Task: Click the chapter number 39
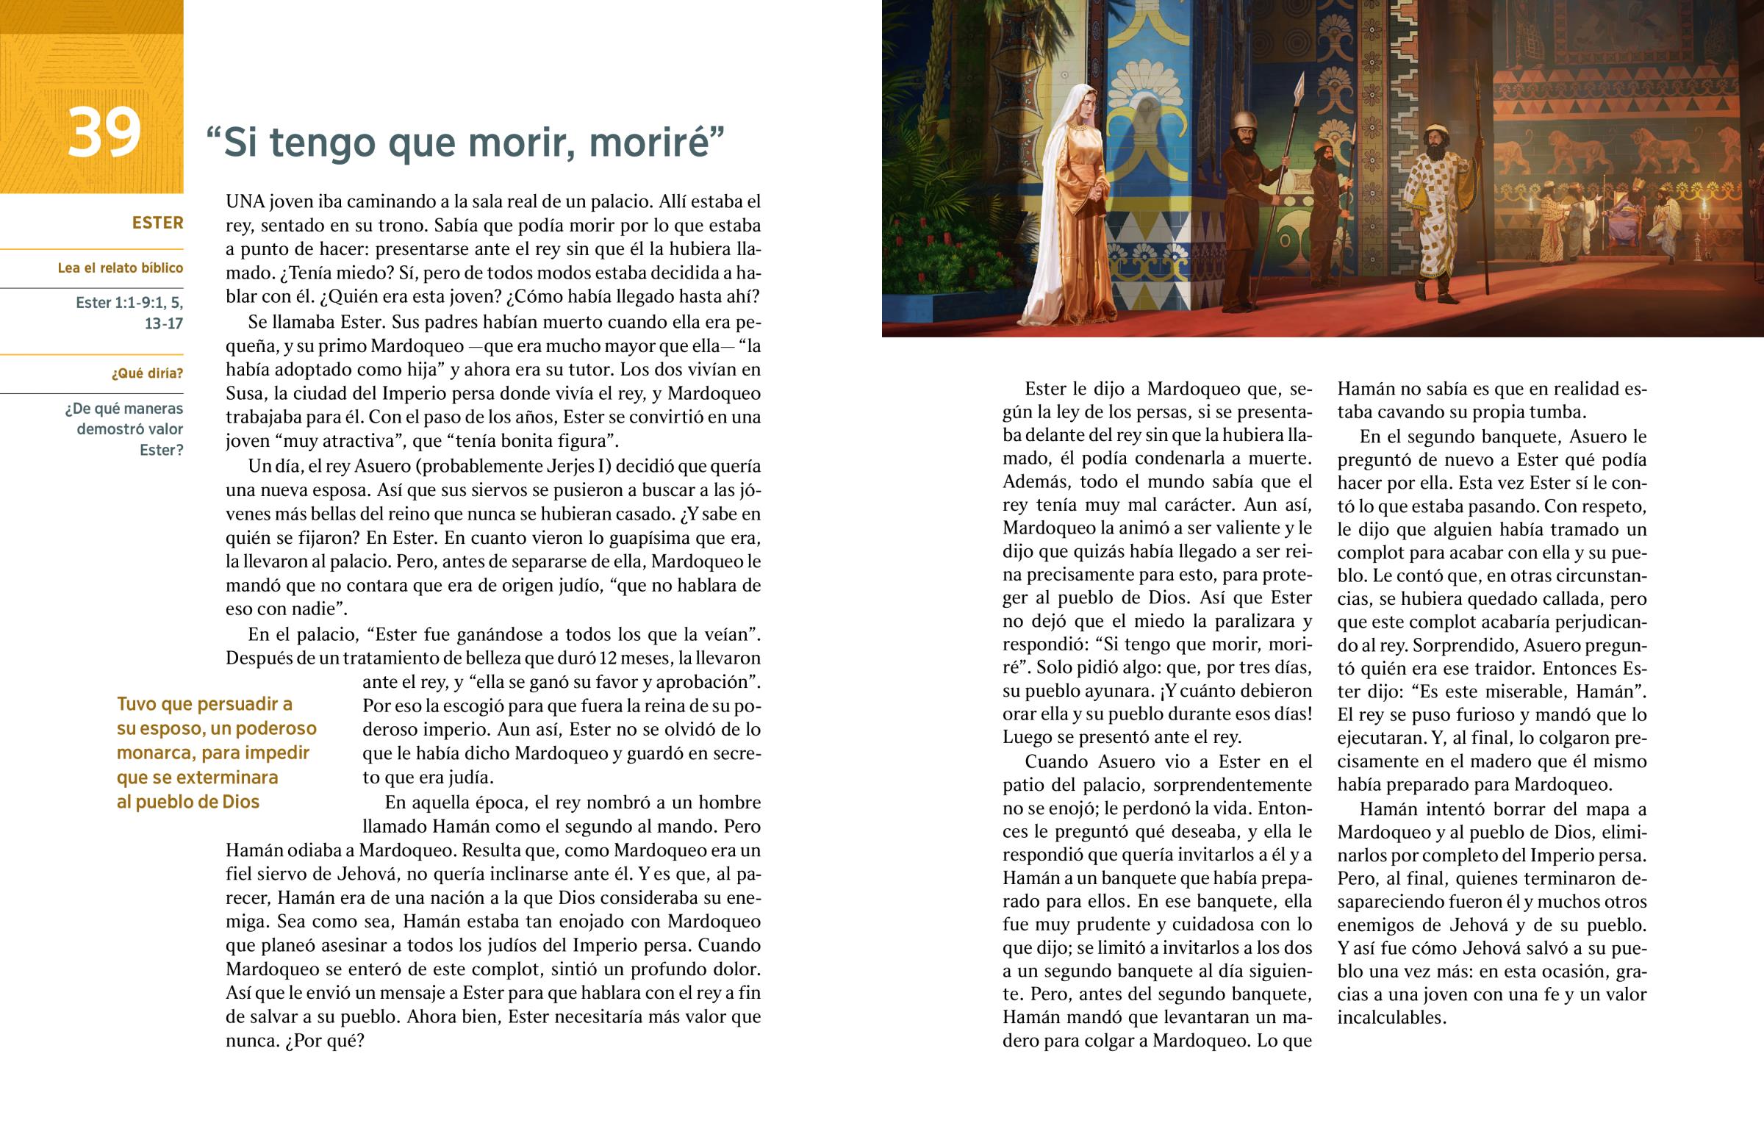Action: coord(104,132)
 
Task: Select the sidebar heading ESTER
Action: coord(157,223)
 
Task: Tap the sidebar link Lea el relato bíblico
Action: coord(120,268)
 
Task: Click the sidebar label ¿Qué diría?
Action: coord(146,373)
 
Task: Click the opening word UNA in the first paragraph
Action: coord(246,202)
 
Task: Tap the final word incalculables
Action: coord(1391,1018)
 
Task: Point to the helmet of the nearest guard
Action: coord(1244,121)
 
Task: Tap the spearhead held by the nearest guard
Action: coord(1299,87)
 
